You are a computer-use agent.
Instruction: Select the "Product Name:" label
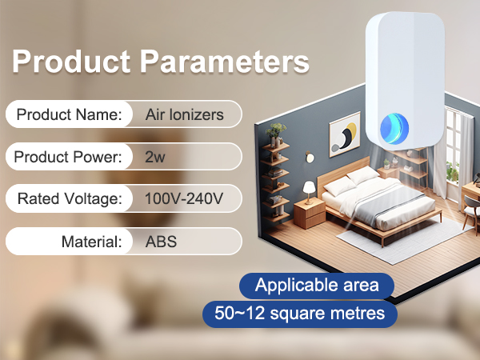[x=69, y=114]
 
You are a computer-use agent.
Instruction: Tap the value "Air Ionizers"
[x=185, y=114]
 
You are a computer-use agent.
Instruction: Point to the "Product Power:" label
[x=68, y=157]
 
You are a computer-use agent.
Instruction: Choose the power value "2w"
[x=155, y=157]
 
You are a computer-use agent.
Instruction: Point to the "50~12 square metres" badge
[x=300, y=313]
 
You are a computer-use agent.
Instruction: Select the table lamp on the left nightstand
[x=307, y=189]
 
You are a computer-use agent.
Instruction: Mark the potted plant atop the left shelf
[x=277, y=130]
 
